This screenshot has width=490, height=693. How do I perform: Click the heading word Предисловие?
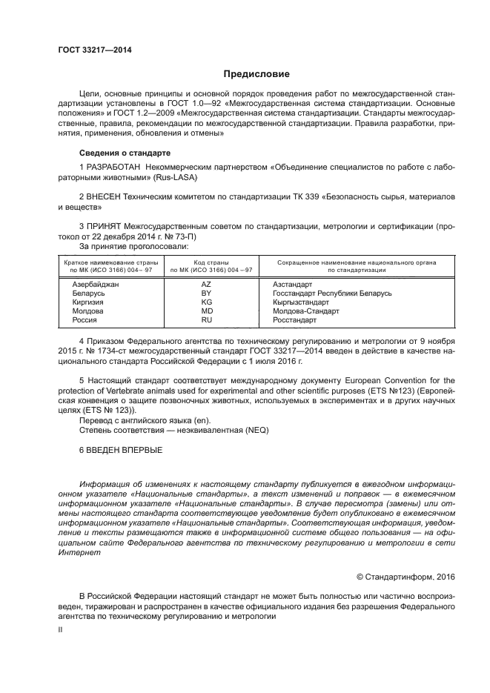(x=256, y=74)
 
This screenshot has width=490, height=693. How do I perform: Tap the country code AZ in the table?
(x=206, y=284)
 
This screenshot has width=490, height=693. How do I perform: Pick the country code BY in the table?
(x=206, y=294)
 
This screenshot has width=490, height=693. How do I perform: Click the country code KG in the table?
(x=206, y=302)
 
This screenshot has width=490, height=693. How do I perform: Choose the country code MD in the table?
(x=206, y=311)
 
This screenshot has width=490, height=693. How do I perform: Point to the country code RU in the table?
(x=206, y=320)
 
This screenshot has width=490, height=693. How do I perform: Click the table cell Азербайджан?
(x=96, y=284)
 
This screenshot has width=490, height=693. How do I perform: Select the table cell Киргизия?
(x=87, y=302)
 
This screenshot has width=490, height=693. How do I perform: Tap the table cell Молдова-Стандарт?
(x=306, y=311)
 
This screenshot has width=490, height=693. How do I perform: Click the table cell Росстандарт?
(x=294, y=320)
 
